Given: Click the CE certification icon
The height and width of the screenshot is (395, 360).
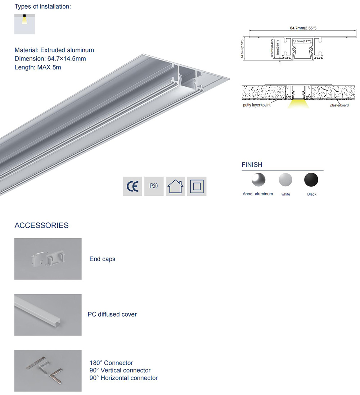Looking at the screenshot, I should [132, 186].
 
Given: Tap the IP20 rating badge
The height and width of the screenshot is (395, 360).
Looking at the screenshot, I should [154, 186].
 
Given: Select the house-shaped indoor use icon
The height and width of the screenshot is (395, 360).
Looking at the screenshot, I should [175, 186].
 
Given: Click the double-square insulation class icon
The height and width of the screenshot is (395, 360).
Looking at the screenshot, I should [197, 186].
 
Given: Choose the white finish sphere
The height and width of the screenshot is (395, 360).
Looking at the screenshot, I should [286, 180].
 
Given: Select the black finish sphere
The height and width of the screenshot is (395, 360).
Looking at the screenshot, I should [311, 180].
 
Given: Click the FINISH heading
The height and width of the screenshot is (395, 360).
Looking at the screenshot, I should [252, 165].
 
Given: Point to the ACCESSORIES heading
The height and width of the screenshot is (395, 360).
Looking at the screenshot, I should [41, 226].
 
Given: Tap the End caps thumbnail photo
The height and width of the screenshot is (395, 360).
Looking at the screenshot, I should [48, 259].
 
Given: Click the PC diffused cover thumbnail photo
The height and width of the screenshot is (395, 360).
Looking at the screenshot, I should [48, 315].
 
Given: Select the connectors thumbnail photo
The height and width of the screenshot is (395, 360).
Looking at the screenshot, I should [48, 371].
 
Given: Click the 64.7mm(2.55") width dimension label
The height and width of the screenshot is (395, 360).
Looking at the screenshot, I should [303, 28].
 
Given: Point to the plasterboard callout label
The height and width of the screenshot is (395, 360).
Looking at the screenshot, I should [339, 105].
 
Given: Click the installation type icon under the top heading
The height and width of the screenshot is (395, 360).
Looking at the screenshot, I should [24, 24].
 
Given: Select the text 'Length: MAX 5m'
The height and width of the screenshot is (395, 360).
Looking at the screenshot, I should [38, 67].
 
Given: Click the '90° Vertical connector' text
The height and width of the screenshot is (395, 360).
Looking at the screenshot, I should [120, 371].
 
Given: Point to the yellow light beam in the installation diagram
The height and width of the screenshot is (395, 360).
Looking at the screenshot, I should [299, 104].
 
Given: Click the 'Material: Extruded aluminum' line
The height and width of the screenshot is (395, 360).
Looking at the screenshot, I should [54, 50].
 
